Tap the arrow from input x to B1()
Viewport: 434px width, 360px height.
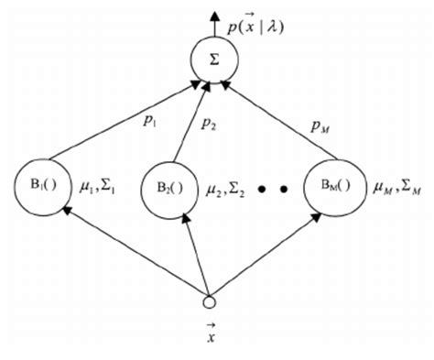(x=128, y=249)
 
